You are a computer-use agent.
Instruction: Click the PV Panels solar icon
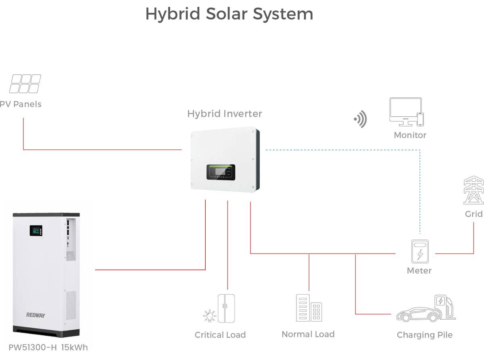[x=25, y=84]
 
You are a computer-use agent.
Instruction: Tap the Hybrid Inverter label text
[x=224, y=114]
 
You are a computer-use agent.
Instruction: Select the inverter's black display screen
[x=220, y=172]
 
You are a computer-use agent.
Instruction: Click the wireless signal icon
[x=360, y=119]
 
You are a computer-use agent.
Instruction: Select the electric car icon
[x=417, y=313]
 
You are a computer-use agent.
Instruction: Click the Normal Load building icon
[x=309, y=308]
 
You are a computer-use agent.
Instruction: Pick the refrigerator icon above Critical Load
[x=226, y=308]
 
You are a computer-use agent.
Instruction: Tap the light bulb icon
[x=210, y=315]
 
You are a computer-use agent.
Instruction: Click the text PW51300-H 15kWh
[x=48, y=347]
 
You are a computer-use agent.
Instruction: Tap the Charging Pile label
[x=424, y=335]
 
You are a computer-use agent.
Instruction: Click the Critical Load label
[x=220, y=335]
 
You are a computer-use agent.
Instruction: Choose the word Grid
[x=474, y=214]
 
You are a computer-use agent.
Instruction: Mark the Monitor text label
[x=410, y=135]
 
